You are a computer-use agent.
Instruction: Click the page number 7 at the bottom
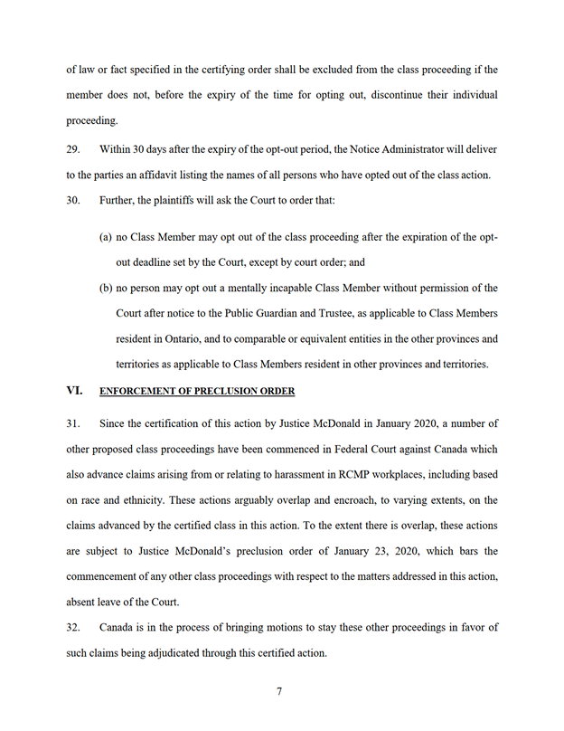point(279,692)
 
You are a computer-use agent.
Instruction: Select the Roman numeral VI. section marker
point(74,391)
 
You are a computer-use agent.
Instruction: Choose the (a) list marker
point(105,237)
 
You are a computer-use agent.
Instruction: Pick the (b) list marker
point(106,288)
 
